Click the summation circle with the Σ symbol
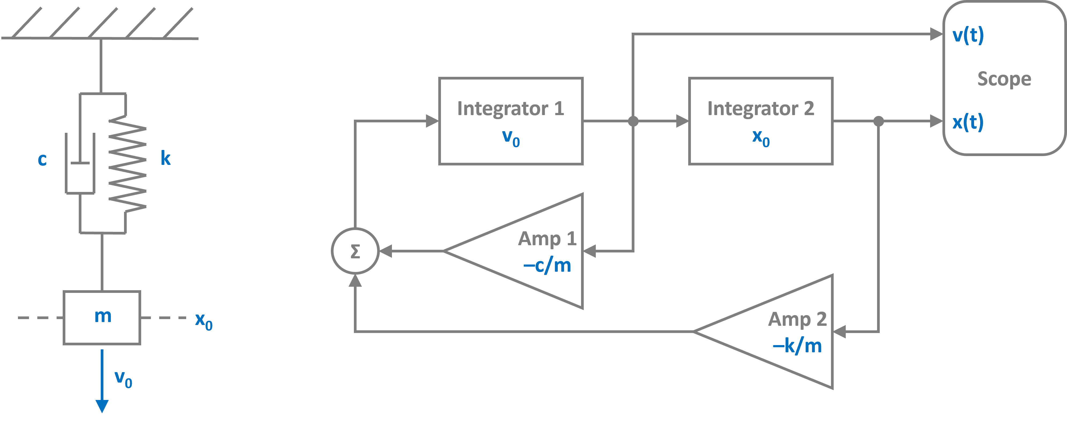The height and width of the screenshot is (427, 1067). coord(355,251)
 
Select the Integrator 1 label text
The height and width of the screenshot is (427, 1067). coord(510,108)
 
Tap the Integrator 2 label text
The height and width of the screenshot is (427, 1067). coord(761,108)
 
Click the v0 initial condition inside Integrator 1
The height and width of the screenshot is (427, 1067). coord(511,138)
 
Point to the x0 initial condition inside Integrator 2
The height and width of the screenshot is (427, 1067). coord(761,138)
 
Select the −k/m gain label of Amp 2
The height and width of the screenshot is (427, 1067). coord(797,346)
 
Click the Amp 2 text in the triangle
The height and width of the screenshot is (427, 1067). coord(797,319)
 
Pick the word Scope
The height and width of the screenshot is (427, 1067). coord(1004,79)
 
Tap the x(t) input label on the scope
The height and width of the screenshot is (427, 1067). coord(968,122)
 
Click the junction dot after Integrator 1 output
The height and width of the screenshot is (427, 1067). coord(633,121)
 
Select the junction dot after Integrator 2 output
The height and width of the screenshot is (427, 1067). coord(878,121)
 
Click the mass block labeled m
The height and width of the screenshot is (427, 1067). coord(102,317)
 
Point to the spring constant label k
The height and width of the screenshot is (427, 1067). coord(166,158)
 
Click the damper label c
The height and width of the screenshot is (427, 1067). coord(42,159)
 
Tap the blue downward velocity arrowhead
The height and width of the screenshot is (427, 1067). coord(102,406)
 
